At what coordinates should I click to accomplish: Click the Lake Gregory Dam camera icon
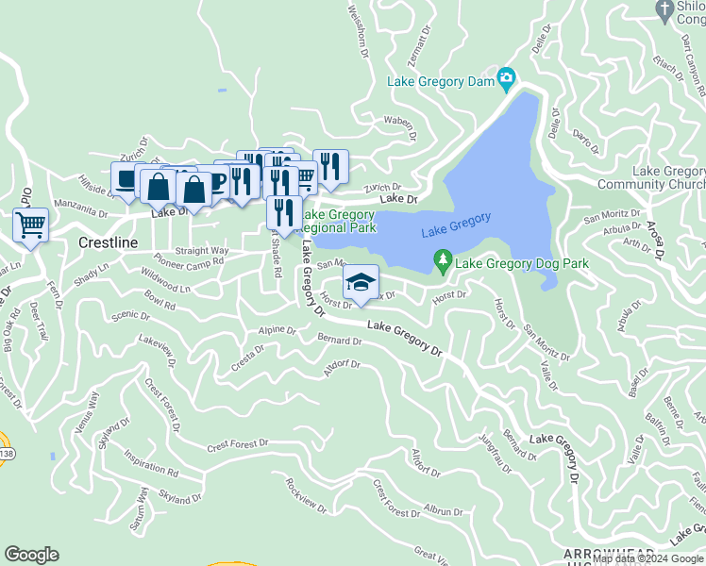(507, 76)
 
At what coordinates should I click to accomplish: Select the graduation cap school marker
(360, 282)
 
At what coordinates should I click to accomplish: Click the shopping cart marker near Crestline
(31, 226)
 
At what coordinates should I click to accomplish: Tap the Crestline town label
(108, 242)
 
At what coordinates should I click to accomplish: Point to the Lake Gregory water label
(456, 225)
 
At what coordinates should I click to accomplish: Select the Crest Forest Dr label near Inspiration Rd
(238, 442)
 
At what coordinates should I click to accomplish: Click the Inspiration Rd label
(151, 467)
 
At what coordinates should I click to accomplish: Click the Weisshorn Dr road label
(356, 27)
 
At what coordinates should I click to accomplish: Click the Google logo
(31, 555)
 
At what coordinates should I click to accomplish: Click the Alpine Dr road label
(277, 331)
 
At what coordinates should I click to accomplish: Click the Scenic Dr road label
(130, 317)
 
